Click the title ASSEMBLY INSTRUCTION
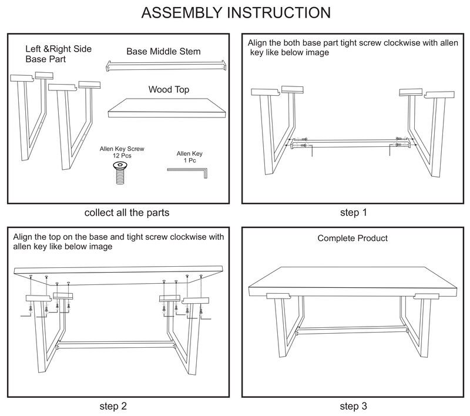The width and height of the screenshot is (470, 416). [x=235, y=12]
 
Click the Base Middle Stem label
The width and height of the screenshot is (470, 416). [x=163, y=52]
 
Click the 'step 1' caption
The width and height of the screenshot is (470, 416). [x=353, y=213]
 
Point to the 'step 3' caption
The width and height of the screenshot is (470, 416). [x=353, y=406]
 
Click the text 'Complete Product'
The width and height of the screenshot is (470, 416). [x=352, y=239]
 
